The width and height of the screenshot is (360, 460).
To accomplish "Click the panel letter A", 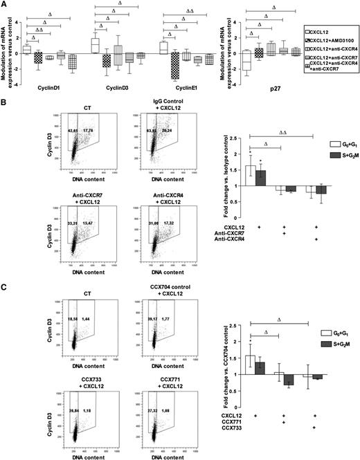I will tap(4, 5).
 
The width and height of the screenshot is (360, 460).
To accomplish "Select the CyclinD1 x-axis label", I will tap(37, 88).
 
